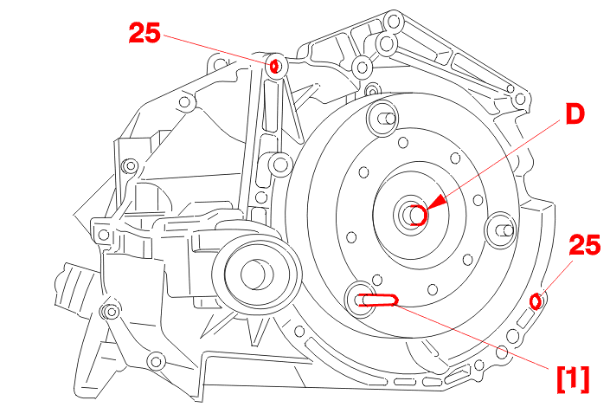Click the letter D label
pyautogui.click(x=575, y=113)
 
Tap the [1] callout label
pyautogui.click(x=573, y=379)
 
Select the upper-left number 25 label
pyautogui.click(x=144, y=33)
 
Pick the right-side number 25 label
pyautogui.click(x=585, y=245)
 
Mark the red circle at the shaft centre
pyautogui.click(x=418, y=215)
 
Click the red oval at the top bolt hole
pyautogui.click(x=274, y=66)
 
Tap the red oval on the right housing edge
pyautogui.click(x=536, y=301)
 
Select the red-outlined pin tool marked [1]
pyautogui.click(x=378, y=300)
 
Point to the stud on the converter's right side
pyautogui.click(x=501, y=230)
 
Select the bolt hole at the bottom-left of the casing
pyautogui.click(x=156, y=361)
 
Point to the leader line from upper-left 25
pyautogui.click(x=217, y=49)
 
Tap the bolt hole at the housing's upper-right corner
pyautogui.click(x=520, y=99)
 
